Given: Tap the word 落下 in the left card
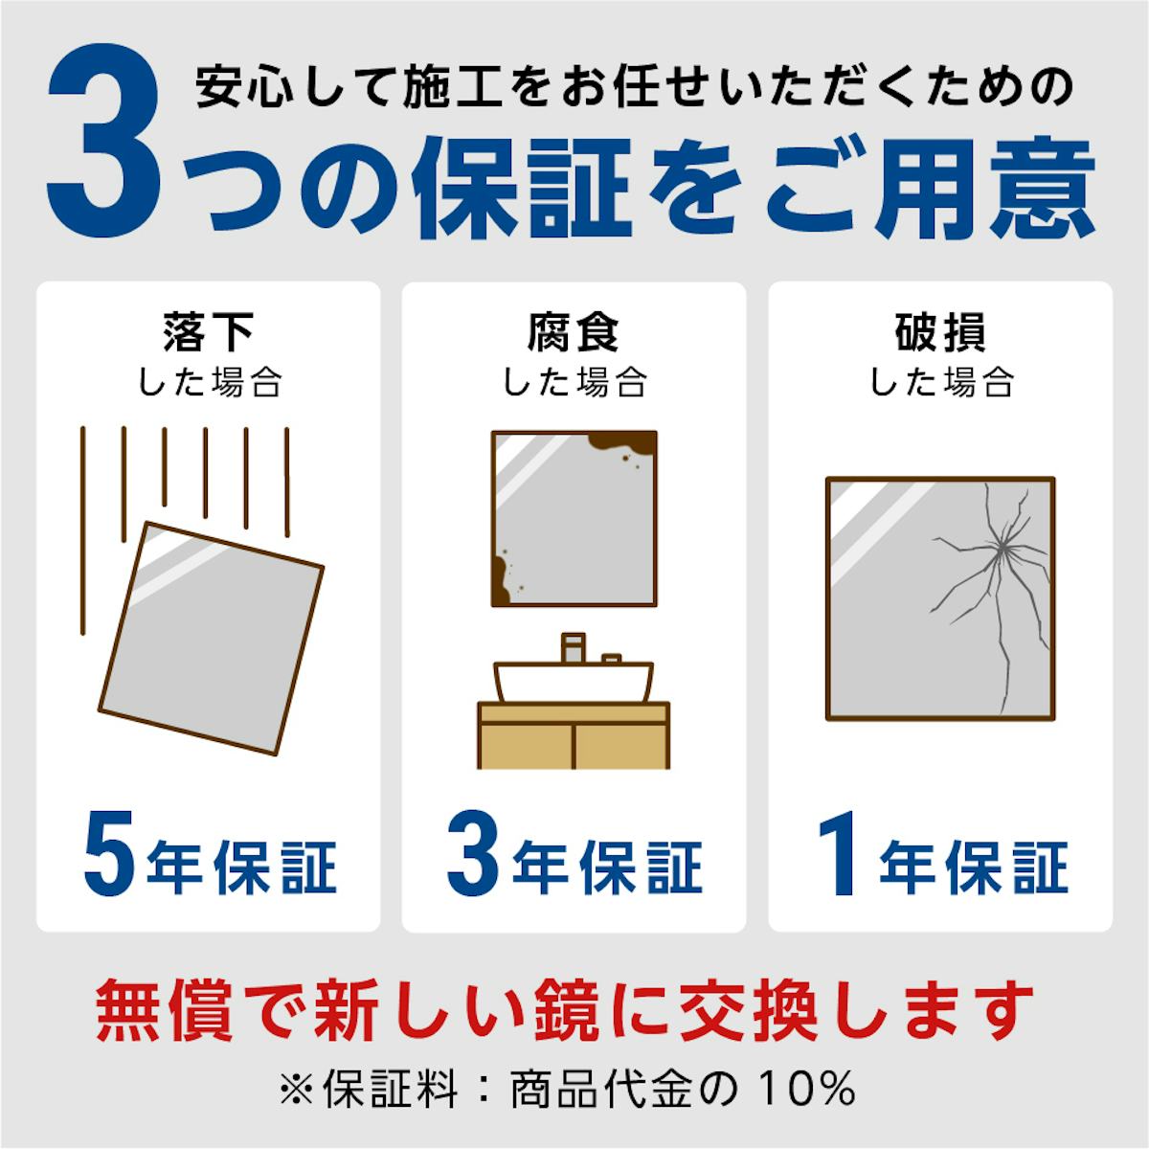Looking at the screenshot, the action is [208, 331].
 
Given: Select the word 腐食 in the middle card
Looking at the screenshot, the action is [574, 331].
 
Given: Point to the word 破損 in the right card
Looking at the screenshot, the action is [940, 331].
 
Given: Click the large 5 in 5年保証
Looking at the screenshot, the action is [110, 853].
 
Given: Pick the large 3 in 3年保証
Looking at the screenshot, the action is [472, 853].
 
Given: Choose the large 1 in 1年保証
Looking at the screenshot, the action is [839, 853].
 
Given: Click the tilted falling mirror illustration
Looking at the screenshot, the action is [211, 639].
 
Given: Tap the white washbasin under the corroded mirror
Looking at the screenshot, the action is [574, 681].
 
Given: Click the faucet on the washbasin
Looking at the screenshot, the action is [573, 647].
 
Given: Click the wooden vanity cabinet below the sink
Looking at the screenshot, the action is [574, 735].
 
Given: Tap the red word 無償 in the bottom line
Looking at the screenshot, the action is [164, 1010].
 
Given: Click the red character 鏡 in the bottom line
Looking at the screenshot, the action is [567, 1010].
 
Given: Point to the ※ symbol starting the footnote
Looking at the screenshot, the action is [297, 1089].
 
